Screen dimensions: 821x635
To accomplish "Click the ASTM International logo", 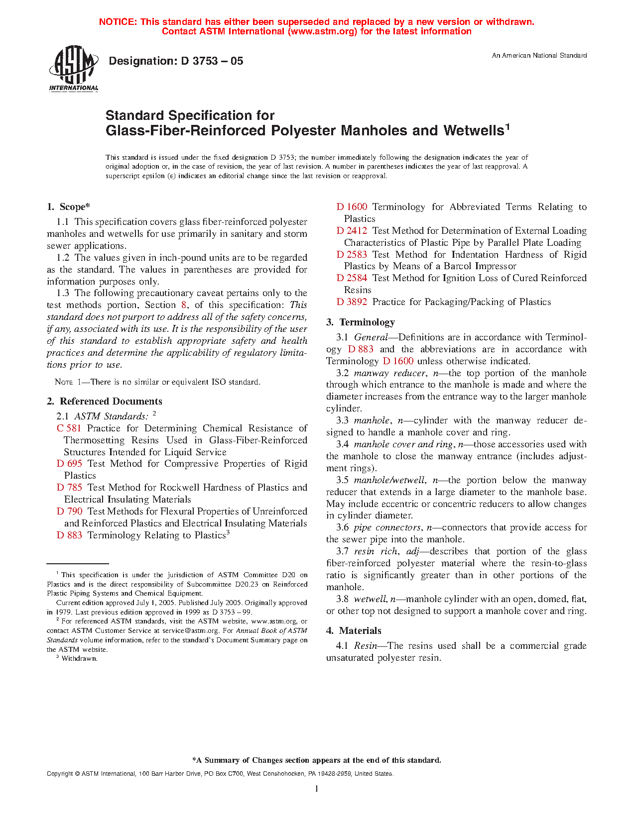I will tap(73, 69).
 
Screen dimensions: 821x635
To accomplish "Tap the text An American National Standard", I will tap(539, 56).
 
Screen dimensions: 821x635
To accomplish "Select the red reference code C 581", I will tap(69, 428).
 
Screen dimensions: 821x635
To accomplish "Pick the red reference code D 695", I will tap(69, 464).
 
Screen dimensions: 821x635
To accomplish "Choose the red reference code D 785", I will tap(69, 488).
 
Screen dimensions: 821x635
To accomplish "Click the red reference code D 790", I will tap(69, 512).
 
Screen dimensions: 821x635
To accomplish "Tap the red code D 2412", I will tap(352, 231).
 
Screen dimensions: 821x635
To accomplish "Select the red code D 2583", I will tap(352, 255).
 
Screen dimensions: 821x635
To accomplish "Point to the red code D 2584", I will tap(352, 278).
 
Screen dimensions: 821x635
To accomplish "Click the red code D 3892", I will tap(352, 302).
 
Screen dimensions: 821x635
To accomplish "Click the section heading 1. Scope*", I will tap(69, 207).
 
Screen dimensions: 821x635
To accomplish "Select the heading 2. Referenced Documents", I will tap(105, 402).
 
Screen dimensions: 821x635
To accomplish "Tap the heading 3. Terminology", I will tap(361, 322).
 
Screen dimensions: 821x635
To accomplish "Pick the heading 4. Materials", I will tap(354, 631).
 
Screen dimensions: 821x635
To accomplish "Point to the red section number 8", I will tap(184, 305).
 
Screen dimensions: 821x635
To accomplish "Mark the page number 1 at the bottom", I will tap(316, 789).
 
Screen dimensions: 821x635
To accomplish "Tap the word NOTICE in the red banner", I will tap(117, 22).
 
